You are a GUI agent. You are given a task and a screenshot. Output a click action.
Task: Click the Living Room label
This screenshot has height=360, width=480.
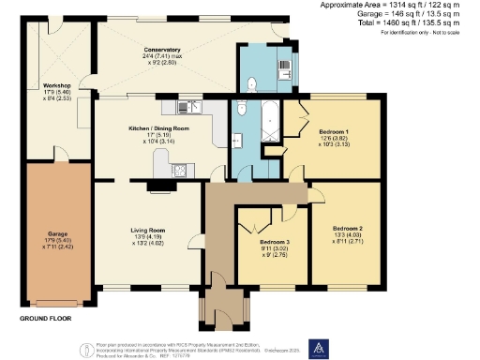pyautogui.click(x=148, y=230)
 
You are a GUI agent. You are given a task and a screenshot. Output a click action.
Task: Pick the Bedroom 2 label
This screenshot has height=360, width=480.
pyautogui.click(x=347, y=228)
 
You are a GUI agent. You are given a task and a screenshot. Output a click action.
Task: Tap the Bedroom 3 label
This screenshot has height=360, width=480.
pyautogui.click(x=276, y=243)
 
